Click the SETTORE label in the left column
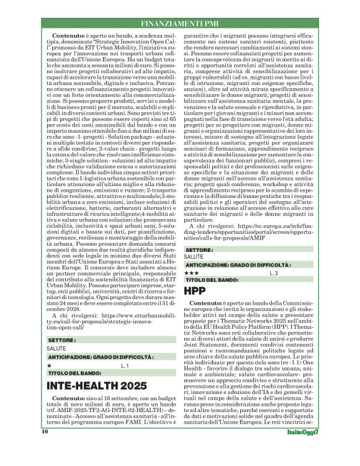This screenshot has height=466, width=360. [61, 341]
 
